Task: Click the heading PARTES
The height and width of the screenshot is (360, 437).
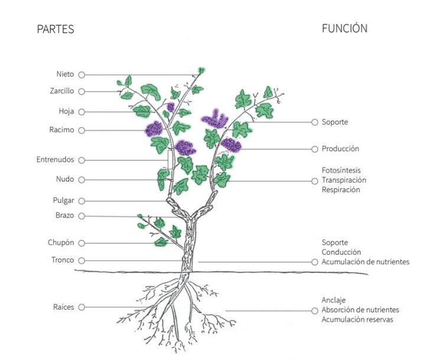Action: click(x=56, y=29)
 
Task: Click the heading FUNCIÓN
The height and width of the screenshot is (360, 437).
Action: click(x=345, y=28)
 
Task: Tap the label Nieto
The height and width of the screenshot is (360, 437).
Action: click(x=65, y=74)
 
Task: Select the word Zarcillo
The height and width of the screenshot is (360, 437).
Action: click(x=62, y=91)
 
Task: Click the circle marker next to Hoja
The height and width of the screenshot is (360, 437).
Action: click(x=81, y=112)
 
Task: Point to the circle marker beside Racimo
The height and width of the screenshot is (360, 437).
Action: click(x=81, y=130)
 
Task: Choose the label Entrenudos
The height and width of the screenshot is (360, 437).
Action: click(x=55, y=160)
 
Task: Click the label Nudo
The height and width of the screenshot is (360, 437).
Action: click(x=65, y=179)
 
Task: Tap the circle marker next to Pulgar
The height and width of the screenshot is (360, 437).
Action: click(x=81, y=201)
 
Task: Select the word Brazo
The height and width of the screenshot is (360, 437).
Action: click(x=64, y=215)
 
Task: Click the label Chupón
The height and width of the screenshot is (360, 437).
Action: click(x=61, y=242)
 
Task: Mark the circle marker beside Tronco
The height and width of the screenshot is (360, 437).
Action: click(x=81, y=261)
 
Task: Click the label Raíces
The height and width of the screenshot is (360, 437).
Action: click(x=64, y=307)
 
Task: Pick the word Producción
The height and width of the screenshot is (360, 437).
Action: click(x=340, y=148)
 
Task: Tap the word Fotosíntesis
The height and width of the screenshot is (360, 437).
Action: click(x=341, y=170)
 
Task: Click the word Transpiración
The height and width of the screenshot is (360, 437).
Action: click(x=344, y=180)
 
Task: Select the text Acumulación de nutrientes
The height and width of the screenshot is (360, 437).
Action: click(x=366, y=262)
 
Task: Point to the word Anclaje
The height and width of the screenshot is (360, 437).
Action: click(x=334, y=300)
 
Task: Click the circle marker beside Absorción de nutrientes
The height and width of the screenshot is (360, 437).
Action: click(x=315, y=310)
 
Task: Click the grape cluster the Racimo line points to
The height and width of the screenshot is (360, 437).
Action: click(x=154, y=129)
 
